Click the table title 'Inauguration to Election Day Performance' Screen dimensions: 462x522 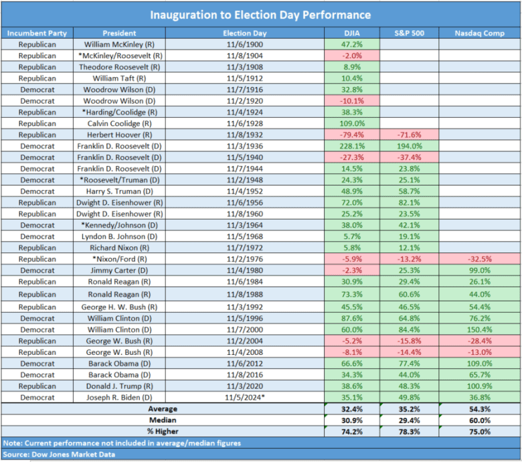(261, 15)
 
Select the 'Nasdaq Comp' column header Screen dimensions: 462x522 (479, 32)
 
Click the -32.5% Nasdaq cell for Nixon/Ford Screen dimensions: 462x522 (479, 259)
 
